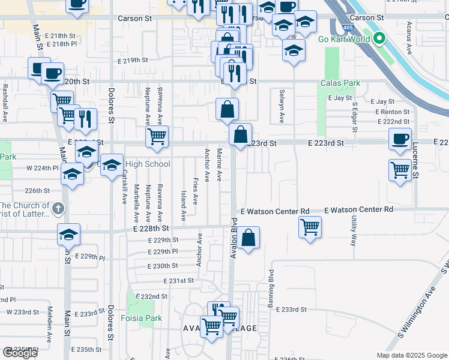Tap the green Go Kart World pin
click(x=379, y=40)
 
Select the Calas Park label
click(x=340, y=83)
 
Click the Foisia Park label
click(x=142, y=318)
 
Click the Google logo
click(x=19, y=353)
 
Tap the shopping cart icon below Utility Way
click(x=310, y=227)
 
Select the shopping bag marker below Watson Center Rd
click(x=249, y=238)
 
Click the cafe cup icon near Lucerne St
click(x=400, y=139)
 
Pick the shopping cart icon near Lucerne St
click(x=400, y=169)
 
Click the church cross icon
click(x=58, y=209)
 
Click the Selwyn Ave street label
click(x=281, y=106)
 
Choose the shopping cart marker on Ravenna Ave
click(x=157, y=136)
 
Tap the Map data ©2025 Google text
click(x=411, y=355)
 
